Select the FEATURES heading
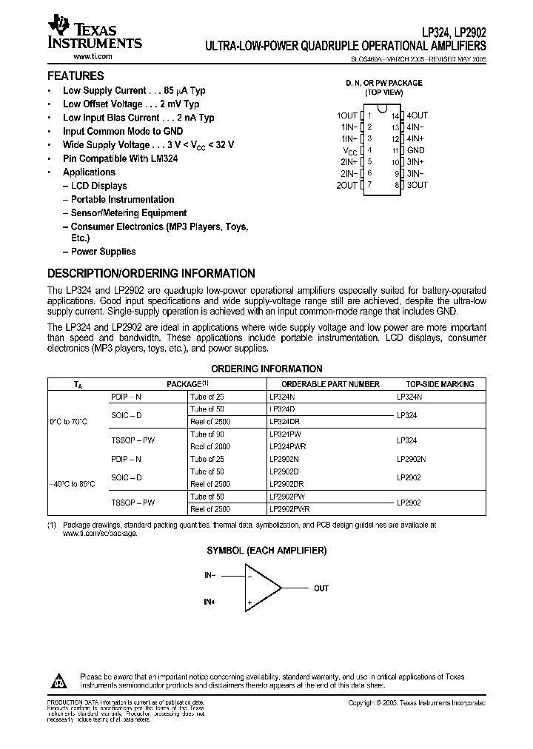coord(76,75)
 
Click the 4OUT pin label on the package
coord(418,116)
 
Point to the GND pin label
coord(415,150)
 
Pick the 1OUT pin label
coord(347,116)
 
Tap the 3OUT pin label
coord(418,185)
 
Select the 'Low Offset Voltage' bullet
coord(130,104)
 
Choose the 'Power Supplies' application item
coord(103,252)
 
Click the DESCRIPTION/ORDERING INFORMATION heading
coord(151,273)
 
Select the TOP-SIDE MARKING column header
coord(440,384)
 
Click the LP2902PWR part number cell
coord(289,509)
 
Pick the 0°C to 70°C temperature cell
coord(69,421)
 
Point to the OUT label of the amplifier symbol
coord(321,588)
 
